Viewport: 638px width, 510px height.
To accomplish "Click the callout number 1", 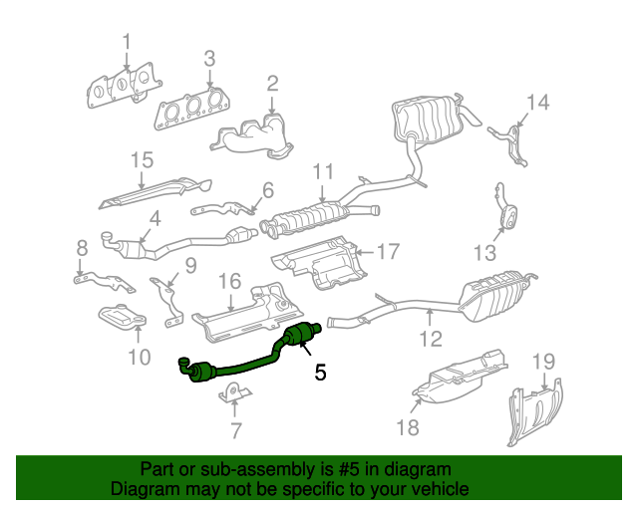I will pyautogui.click(x=127, y=41).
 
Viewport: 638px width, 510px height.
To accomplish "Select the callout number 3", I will pyautogui.click(x=209, y=59).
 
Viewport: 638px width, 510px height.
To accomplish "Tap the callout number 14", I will pyautogui.click(x=537, y=102).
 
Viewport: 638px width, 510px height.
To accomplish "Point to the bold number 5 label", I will pyautogui.click(x=320, y=373).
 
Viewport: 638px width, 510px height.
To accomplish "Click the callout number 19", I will pyautogui.click(x=542, y=361).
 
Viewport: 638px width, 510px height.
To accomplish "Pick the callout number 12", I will pyautogui.click(x=430, y=339).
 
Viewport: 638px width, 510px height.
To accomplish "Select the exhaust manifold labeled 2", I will pyautogui.click(x=257, y=136).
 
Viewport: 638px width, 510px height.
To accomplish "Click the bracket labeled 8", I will pyautogui.click(x=90, y=279).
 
